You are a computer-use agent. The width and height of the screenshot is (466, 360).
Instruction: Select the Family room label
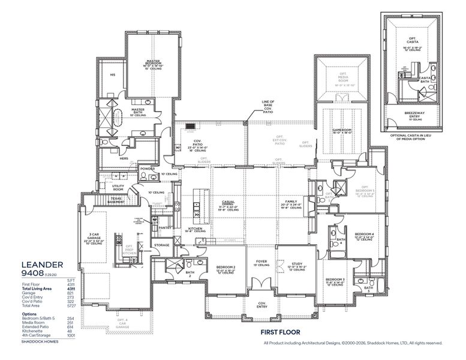[x=291, y=202]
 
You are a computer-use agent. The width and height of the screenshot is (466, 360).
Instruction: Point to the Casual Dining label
[x=228, y=202]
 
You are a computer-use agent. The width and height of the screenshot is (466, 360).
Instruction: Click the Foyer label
[x=261, y=262]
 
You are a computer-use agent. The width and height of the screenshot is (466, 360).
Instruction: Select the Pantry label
[x=166, y=227]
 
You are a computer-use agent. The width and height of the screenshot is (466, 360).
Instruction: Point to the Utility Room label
[x=118, y=187]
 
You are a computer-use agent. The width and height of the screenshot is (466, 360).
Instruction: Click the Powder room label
[x=148, y=169]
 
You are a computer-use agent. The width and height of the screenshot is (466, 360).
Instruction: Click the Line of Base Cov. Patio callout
[x=268, y=106]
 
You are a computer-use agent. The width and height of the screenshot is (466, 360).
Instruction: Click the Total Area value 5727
[x=71, y=307]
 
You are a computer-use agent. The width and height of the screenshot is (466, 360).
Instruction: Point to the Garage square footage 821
[x=71, y=293]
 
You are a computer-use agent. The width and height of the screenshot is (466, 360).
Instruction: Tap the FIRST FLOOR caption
[x=279, y=331]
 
